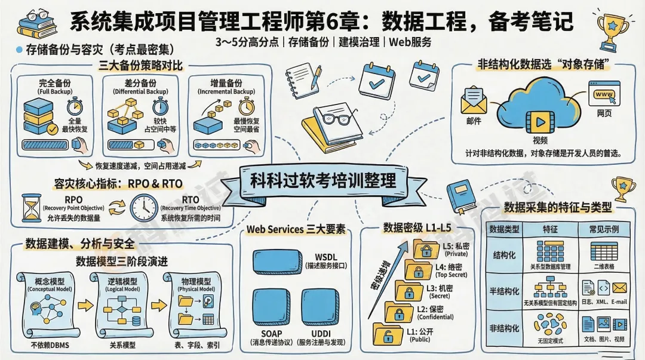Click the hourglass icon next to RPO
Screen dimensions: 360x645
pos(30,209)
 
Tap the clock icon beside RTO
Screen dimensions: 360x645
pos(144,208)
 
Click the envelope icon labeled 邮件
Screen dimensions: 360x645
pos(474,101)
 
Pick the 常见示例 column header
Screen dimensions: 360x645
pos(604,229)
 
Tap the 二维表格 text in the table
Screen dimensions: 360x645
pos(604,266)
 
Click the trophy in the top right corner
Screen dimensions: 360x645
pos(613,28)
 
